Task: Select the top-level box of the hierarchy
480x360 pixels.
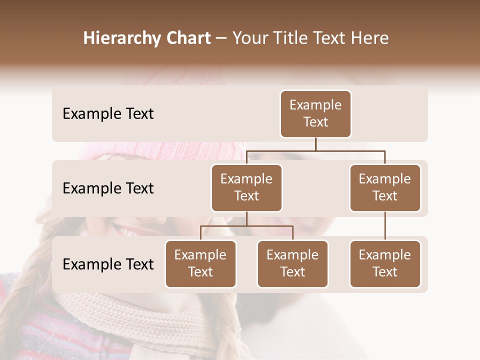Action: tap(315, 113)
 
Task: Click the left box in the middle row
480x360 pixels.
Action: tap(246, 187)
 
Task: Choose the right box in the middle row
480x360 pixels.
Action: tap(385, 187)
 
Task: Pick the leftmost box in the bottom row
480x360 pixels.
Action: tap(200, 263)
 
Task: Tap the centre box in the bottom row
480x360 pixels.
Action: tap(292, 263)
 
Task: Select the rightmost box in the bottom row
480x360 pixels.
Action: tap(385, 263)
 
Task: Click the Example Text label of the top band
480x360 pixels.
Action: tap(108, 114)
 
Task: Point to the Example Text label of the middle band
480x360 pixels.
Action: tap(108, 188)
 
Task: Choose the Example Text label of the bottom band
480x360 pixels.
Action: tap(108, 264)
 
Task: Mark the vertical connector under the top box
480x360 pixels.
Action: tap(315, 144)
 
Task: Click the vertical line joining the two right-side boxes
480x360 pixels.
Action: tap(385, 226)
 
